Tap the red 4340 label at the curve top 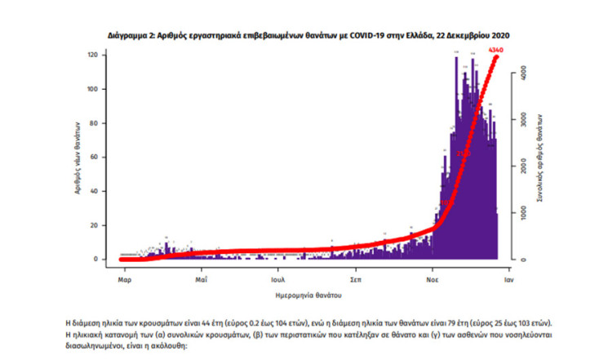[495, 51]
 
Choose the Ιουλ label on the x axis [278, 278]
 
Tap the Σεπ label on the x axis [356, 278]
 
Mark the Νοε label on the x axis [433, 278]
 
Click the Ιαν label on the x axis [508, 278]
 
